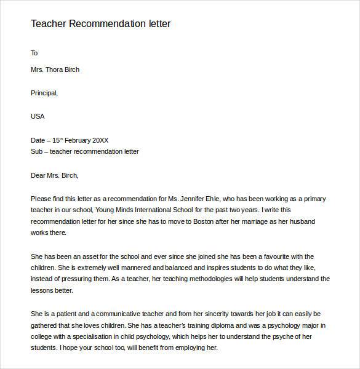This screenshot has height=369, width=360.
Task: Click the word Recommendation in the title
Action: tap(105, 24)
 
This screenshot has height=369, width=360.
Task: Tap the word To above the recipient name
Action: tap(34, 53)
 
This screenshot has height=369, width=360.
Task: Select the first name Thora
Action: tap(59, 69)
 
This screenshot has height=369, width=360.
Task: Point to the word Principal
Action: tap(44, 93)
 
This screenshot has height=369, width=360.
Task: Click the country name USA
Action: tap(38, 116)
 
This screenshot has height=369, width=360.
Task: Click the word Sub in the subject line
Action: tap(36, 151)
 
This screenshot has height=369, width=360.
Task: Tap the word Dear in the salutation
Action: tap(38, 175)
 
